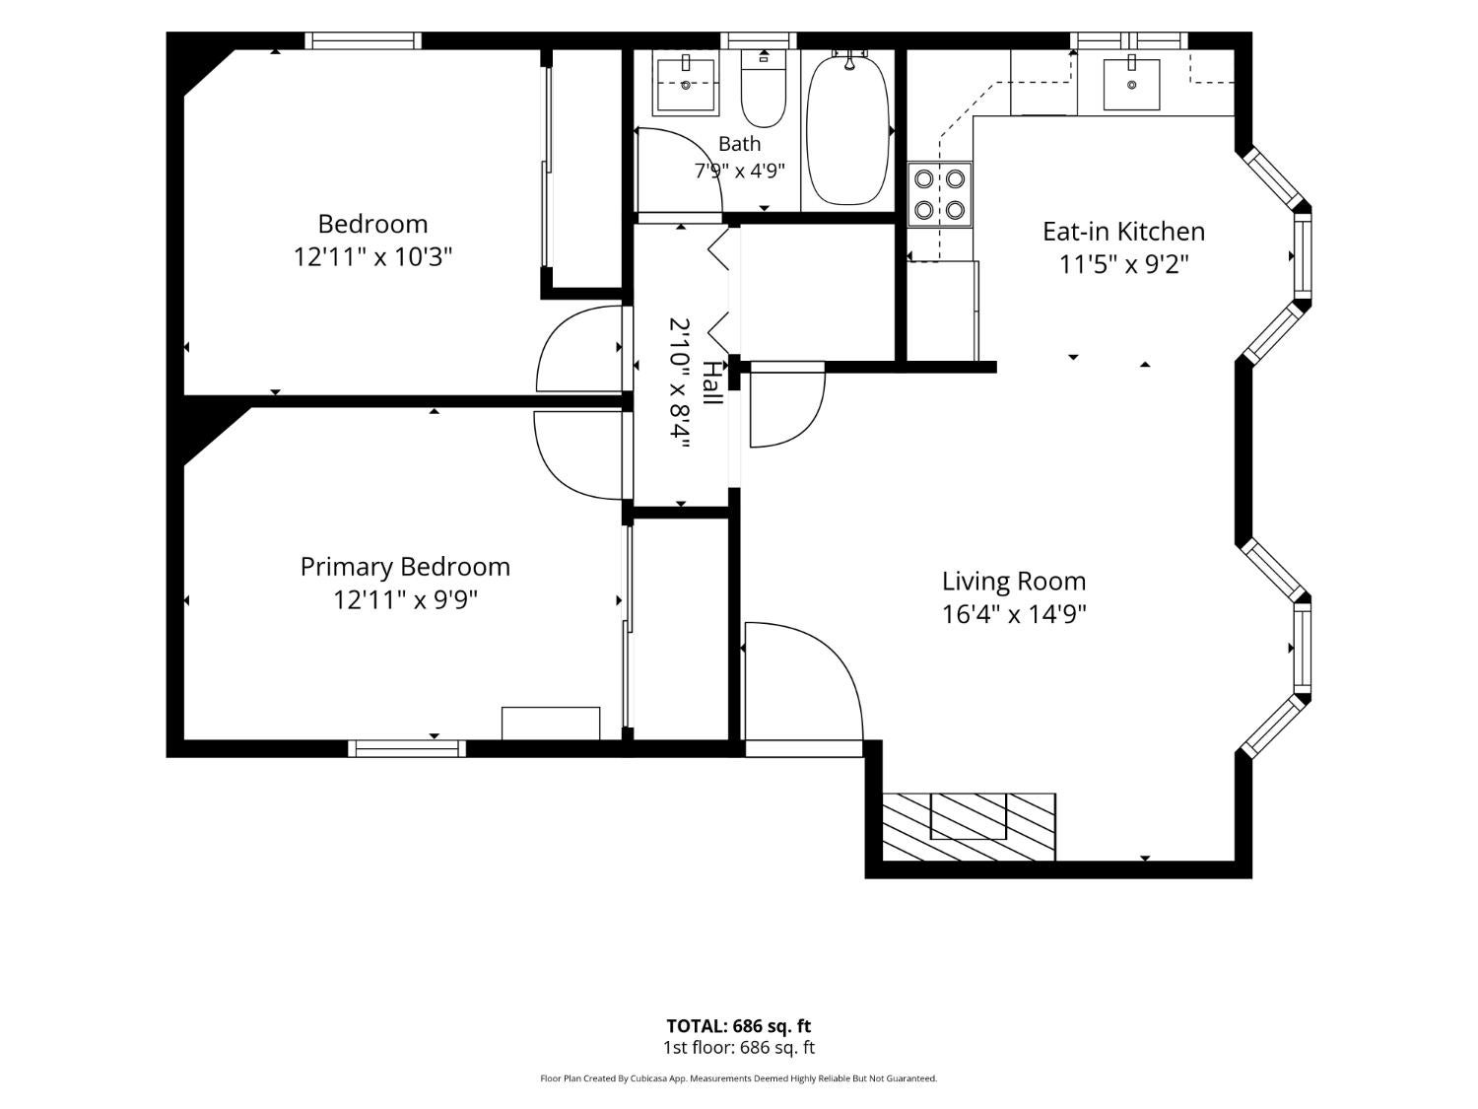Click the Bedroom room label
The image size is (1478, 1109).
pyautogui.click(x=372, y=224)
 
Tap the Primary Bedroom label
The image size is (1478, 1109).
pyautogui.click(x=405, y=567)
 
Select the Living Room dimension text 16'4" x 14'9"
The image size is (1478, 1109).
pyautogui.click(x=1013, y=614)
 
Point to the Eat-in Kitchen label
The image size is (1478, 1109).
pyautogui.click(x=1123, y=232)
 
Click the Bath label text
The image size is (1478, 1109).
pyautogui.click(x=739, y=143)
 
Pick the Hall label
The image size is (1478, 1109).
pyautogui.click(x=712, y=382)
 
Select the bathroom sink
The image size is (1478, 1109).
pyautogui.click(x=686, y=85)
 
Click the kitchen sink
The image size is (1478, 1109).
pyautogui.click(x=1131, y=84)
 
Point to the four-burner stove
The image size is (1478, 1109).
pyautogui.click(x=939, y=194)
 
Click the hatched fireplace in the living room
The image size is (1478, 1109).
pyautogui.click(x=969, y=826)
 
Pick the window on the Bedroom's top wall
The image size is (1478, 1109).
pyautogui.click(x=364, y=40)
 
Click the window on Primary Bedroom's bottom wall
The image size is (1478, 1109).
pyautogui.click(x=407, y=748)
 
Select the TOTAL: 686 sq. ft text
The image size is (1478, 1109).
pyautogui.click(x=739, y=1026)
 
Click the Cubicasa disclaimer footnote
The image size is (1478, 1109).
pyautogui.click(x=739, y=1078)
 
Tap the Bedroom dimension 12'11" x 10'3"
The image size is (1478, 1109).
pyautogui.click(x=372, y=256)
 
